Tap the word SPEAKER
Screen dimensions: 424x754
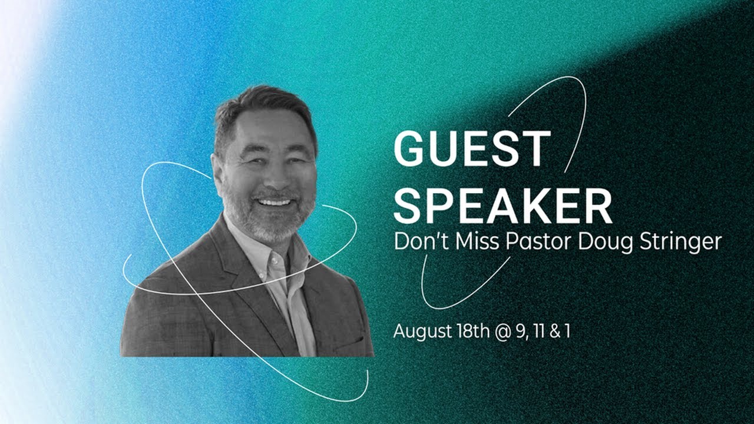pyautogui.click(x=502, y=207)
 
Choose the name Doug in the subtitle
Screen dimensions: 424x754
pyautogui.click(x=600, y=242)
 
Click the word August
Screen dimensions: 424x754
pyautogui.click(x=422, y=332)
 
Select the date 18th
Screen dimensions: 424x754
pyautogui.click(x=474, y=331)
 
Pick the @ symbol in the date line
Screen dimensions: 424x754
pyautogui.click(x=502, y=332)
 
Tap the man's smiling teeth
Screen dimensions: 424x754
pyautogui.click(x=275, y=203)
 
